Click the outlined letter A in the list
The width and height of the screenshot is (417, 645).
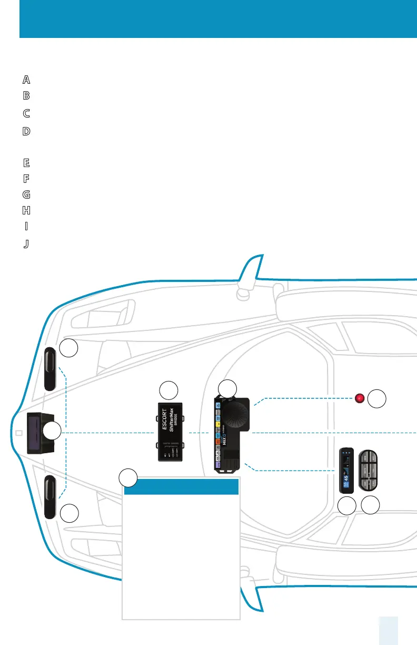(26, 80)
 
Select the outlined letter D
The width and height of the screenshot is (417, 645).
(26, 131)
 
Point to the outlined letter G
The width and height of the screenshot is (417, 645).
(26, 194)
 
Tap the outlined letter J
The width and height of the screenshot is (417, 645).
(26, 244)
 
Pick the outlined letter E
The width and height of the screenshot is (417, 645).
(26, 162)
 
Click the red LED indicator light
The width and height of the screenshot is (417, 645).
(360, 398)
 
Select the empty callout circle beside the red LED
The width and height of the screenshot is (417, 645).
(376, 399)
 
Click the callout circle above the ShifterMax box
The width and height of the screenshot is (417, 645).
(168, 390)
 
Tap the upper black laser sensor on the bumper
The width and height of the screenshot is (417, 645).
(50, 369)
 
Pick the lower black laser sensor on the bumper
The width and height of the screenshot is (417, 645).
(50, 497)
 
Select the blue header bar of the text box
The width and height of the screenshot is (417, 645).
(182, 487)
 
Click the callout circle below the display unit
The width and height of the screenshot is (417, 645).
(346, 506)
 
